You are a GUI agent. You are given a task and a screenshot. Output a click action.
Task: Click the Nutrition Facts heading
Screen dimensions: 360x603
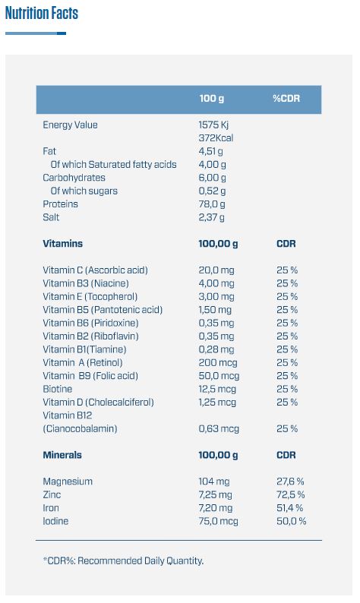coord(42,13)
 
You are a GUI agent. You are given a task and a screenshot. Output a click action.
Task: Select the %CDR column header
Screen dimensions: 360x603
coord(286,99)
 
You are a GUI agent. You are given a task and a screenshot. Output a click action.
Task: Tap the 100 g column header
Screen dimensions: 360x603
coord(212,99)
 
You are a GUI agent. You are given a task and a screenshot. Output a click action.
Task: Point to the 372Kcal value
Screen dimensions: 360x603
coord(216,137)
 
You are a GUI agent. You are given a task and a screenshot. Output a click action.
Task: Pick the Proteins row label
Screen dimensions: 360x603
coord(61,204)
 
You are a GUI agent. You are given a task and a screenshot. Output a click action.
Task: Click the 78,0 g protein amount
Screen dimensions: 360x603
coord(212,204)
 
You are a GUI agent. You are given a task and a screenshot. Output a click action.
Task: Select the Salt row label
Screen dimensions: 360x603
coord(51,217)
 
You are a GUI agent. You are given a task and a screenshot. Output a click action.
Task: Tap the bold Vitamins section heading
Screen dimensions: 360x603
coord(63,244)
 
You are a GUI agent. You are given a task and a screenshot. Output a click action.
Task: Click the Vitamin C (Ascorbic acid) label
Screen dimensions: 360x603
coord(96,270)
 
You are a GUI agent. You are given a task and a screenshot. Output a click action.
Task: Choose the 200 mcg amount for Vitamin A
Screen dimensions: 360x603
coord(218,363)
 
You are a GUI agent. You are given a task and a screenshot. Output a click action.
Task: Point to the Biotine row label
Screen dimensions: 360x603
coord(57,389)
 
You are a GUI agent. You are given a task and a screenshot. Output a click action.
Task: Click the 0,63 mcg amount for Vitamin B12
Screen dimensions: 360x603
coord(219,428)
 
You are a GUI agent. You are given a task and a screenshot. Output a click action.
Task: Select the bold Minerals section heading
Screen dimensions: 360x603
coord(62,455)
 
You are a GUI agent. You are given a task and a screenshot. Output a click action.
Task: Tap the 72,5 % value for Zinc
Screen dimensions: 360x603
coord(291,494)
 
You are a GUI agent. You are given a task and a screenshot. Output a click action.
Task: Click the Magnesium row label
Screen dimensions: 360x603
coord(68,481)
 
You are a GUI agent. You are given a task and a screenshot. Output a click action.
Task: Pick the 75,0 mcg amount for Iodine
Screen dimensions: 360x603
coord(219,521)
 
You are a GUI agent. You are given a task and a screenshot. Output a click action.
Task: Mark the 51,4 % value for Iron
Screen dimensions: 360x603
coord(289,508)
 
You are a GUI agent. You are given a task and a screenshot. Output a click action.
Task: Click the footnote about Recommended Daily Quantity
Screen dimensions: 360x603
coord(123,560)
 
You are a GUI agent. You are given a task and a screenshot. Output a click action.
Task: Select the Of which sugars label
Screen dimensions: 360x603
coord(84,191)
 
